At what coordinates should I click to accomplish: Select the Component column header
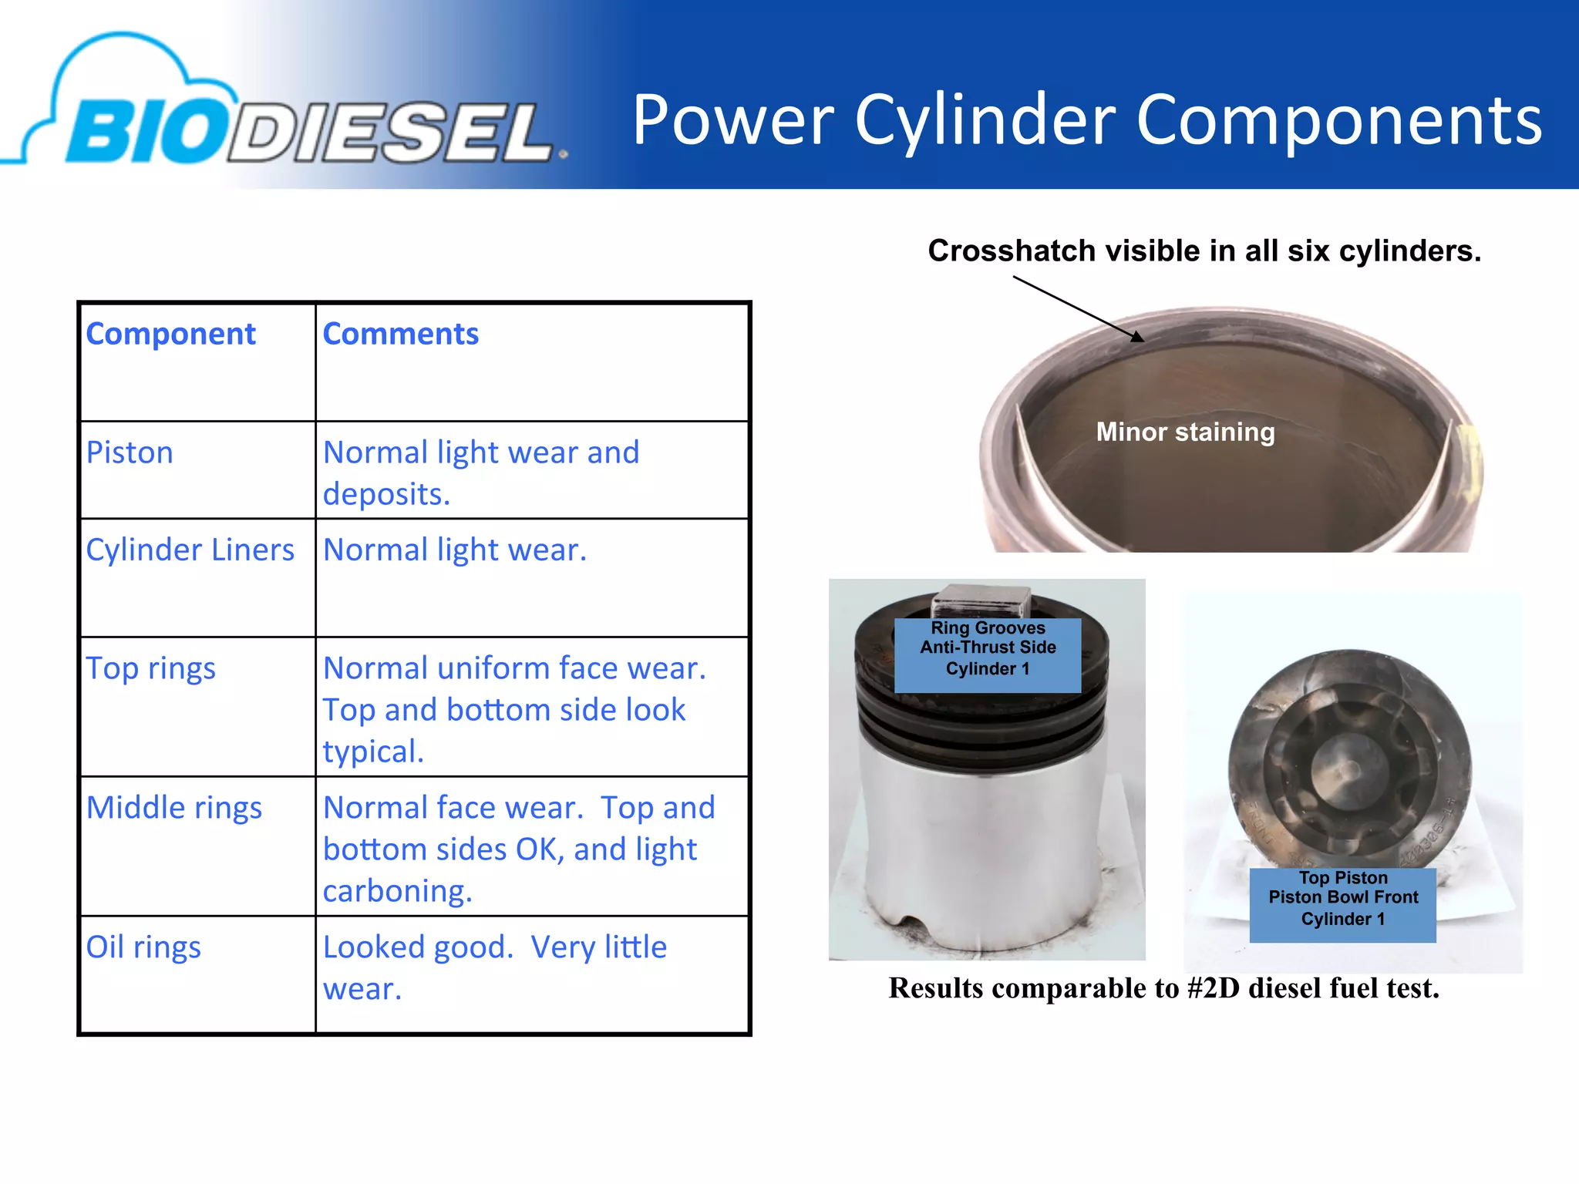tap(170, 334)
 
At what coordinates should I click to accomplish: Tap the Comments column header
tap(400, 334)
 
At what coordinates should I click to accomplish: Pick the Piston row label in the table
tap(130, 452)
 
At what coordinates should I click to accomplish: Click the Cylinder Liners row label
tap(190, 550)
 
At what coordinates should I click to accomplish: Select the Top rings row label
tap(150, 668)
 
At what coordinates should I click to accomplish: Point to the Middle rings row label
tap(173, 808)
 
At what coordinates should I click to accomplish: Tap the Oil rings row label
tap(143, 947)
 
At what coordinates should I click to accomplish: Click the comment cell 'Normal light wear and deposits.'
tap(481, 473)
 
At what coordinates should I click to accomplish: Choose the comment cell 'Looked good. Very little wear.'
tap(494, 967)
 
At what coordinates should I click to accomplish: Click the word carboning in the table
tap(397, 891)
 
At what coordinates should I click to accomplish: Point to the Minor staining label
tap(1185, 432)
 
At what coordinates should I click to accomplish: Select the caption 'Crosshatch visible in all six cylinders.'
tap(1204, 251)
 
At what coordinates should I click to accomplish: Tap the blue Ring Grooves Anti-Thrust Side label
tap(988, 649)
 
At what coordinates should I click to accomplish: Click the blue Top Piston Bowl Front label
tap(1342, 899)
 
